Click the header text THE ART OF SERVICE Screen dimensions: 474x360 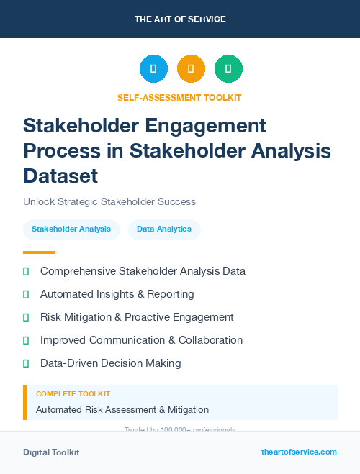(180, 19)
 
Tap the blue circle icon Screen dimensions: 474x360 (153, 68)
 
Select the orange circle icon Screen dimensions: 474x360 (191, 68)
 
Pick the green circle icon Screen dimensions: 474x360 (228, 68)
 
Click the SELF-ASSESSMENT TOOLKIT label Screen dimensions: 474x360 (179, 97)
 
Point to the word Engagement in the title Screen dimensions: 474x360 (206, 126)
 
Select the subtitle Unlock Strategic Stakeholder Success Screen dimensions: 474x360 (109, 202)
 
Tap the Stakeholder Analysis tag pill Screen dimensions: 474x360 (71, 229)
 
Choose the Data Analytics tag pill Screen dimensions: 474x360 (164, 229)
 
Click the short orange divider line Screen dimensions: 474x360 (39, 252)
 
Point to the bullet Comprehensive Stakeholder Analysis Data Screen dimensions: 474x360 (143, 271)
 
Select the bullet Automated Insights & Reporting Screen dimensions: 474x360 (117, 294)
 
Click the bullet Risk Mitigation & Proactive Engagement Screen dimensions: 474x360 (137, 317)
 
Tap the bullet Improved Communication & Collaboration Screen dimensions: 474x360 (141, 340)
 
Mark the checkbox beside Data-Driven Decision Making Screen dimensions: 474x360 (26, 363)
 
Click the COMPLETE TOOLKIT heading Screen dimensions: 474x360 (73, 394)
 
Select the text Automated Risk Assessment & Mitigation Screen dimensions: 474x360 (122, 410)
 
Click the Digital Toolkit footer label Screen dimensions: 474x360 (51, 452)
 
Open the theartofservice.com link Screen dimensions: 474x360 (299, 452)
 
